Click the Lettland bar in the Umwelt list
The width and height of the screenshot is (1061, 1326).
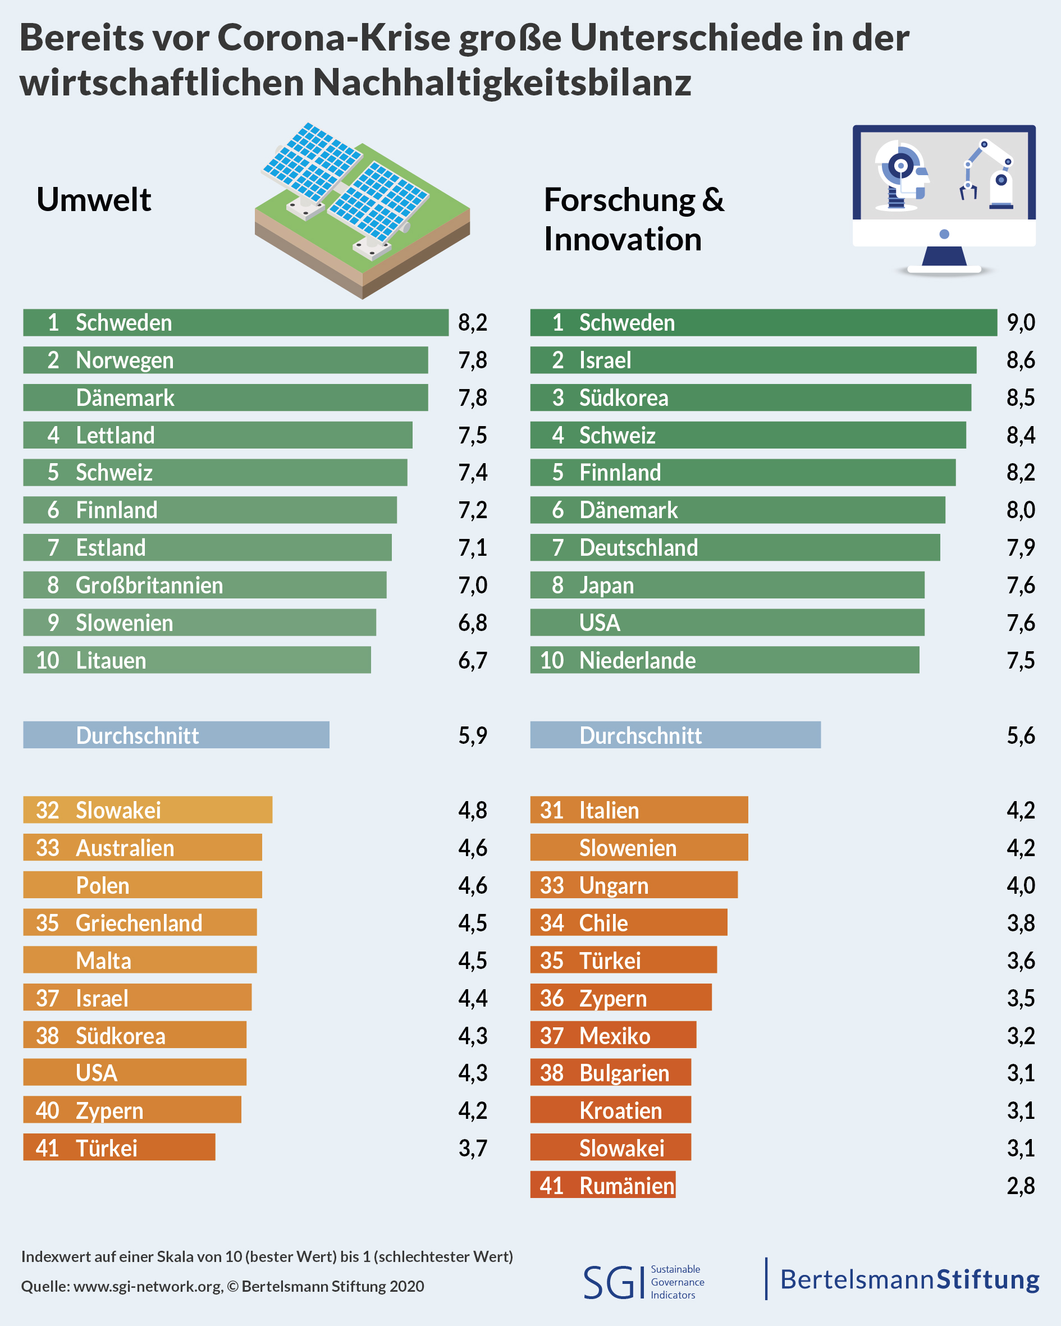(218, 436)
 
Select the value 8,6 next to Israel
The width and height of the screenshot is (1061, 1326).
(1021, 360)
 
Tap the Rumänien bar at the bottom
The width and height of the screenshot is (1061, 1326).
(603, 1185)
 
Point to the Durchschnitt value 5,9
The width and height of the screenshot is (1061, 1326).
(472, 735)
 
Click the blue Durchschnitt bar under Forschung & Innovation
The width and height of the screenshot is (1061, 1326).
(675, 735)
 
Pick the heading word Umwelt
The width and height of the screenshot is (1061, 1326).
(94, 200)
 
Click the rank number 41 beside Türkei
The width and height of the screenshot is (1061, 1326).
(47, 1148)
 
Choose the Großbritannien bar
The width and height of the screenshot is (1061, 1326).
(204, 586)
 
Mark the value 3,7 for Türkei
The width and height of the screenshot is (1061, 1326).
(472, 1148)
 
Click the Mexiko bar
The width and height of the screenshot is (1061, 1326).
(612, 1036)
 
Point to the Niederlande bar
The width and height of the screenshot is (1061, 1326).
(724, 661)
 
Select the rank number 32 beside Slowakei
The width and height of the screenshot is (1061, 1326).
(47, 811)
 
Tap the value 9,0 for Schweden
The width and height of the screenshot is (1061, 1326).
(1021, 323)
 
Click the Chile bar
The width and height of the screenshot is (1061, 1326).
(628, 923)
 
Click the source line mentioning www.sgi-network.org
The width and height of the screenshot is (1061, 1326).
(222, 1286)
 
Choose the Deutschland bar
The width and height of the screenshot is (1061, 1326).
(734, 548)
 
